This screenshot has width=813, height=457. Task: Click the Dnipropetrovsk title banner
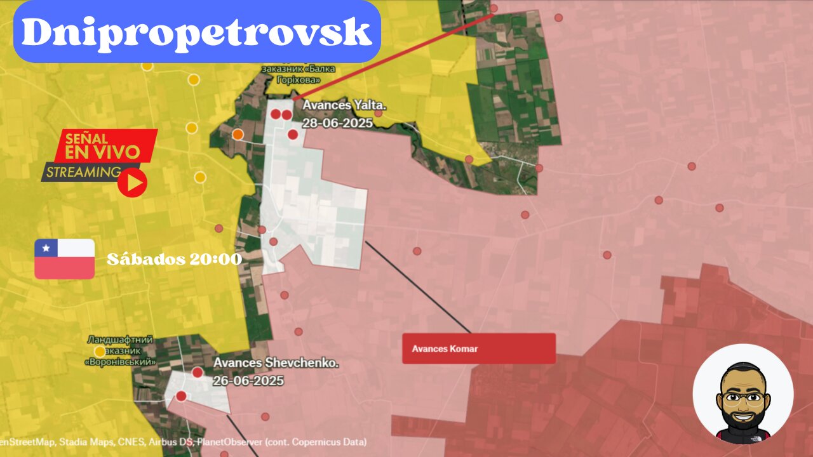click(x=197, y=32)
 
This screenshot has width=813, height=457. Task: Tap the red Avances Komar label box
click(x=479, y=348)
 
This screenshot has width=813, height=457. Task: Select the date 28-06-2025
click(x=337, y=123)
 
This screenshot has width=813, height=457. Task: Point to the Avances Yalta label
click(x=344, y=105)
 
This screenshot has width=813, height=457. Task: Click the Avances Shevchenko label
click(x=276, y=363)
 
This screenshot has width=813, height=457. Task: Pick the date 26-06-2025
click(x=248, y=381)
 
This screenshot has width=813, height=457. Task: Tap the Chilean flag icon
click(x=65, y=259)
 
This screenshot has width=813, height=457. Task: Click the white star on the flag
click(x=46, y=248)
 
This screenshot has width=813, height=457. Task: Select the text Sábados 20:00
click(x=174, y=260)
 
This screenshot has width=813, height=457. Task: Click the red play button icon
click(x=133, y=183)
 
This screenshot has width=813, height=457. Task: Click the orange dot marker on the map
click(x=238, y=134)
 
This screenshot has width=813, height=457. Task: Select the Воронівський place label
click(x=120, y=362)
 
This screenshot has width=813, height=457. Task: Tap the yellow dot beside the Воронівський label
click(x=100, y=351)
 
